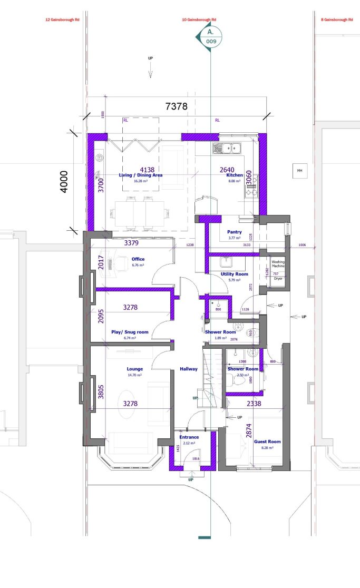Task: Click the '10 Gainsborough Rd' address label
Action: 199,20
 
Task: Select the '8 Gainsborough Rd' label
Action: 337,20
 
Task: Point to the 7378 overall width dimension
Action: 176,106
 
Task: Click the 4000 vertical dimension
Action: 64,182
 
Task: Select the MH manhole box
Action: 299,171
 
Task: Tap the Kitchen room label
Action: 235,175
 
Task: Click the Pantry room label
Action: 234,232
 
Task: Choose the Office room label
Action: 138,259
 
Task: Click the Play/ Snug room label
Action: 130,332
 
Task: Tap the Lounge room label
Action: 135,369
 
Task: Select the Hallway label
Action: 188,369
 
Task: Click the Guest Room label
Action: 267,442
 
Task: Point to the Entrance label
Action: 189,437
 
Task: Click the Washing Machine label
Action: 278,263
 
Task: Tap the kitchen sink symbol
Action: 228,148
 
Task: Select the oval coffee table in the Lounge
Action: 128,404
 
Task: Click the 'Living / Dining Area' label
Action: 140,175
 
